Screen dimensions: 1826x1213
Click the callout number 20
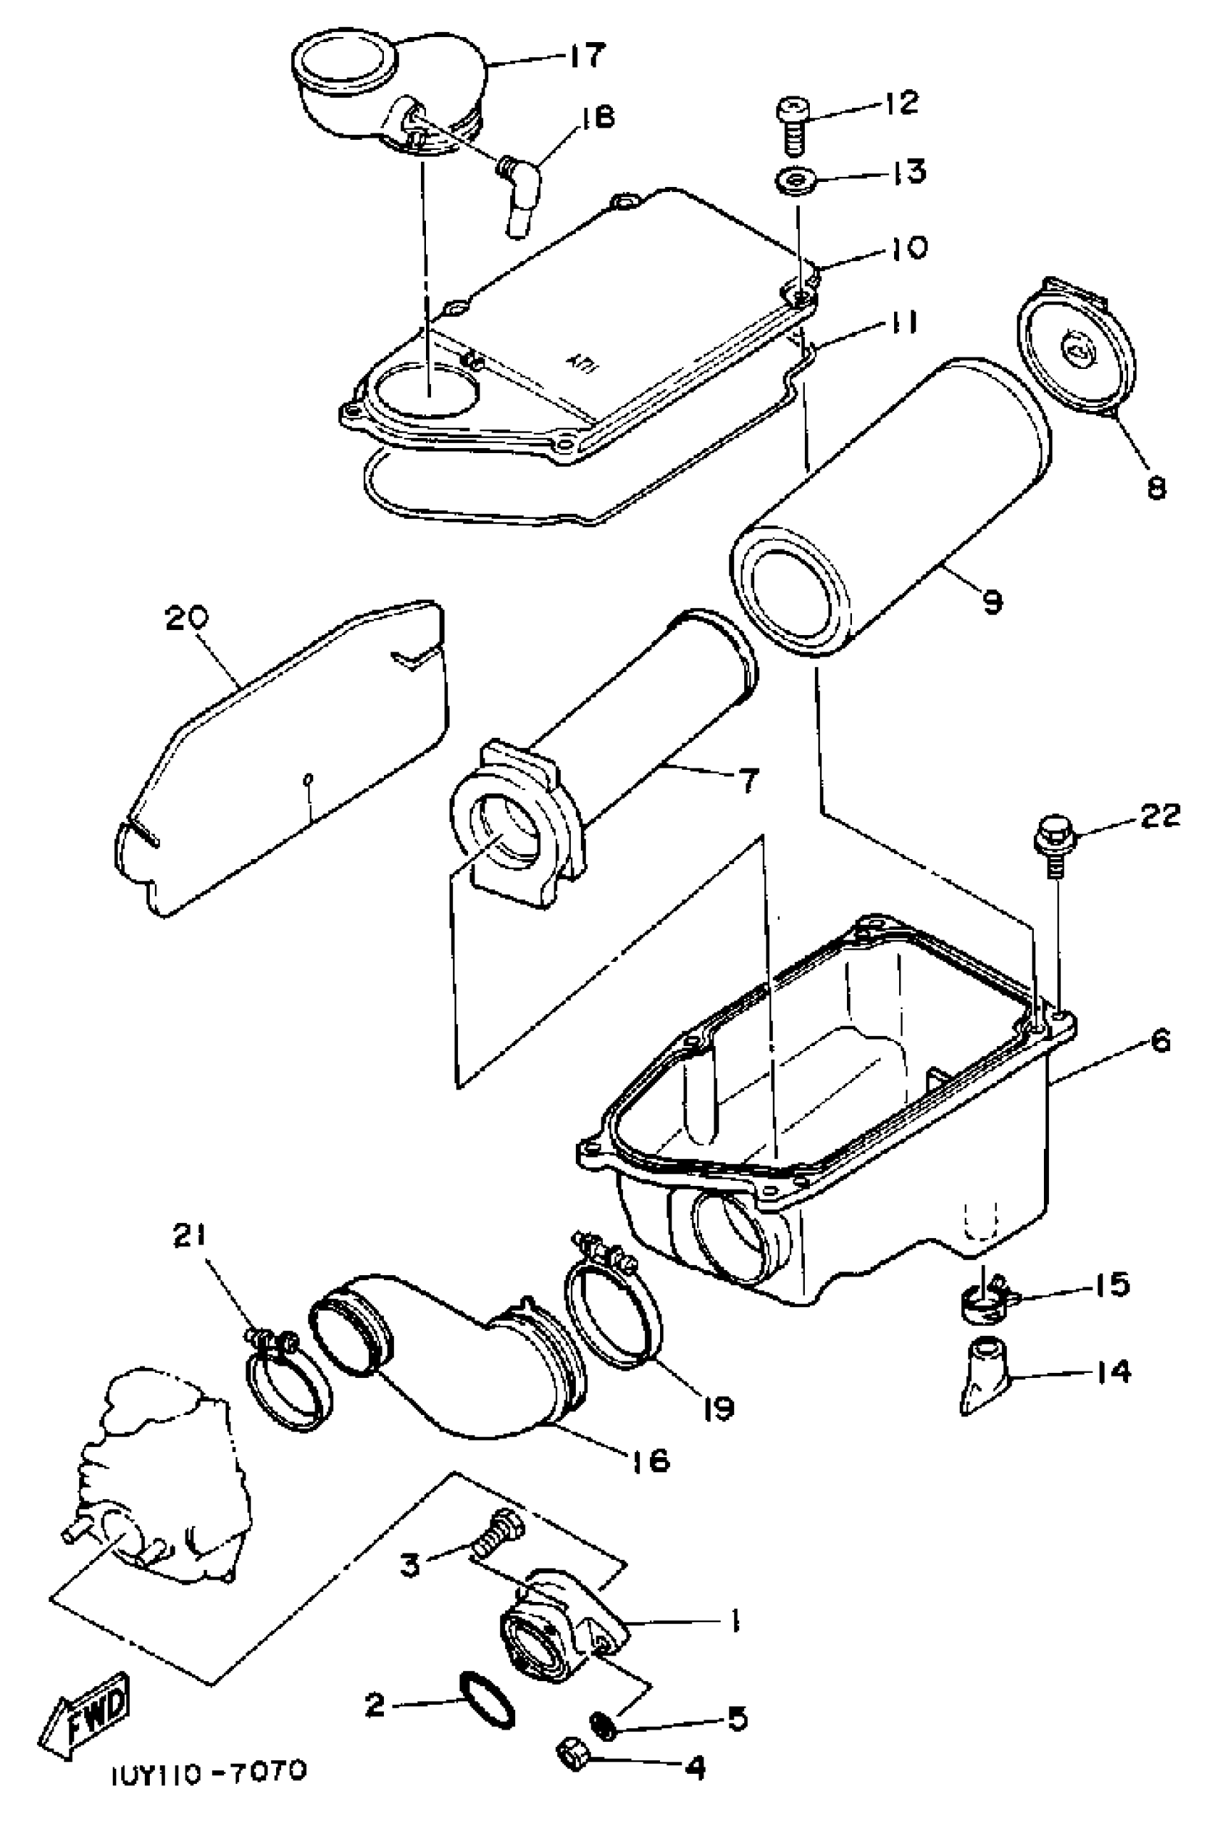[186, 619]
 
